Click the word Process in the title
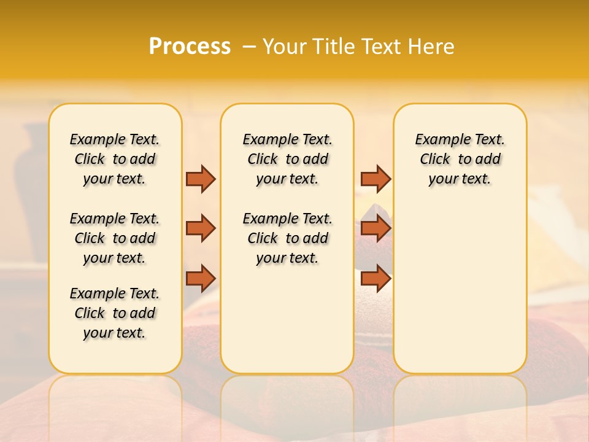pyautogui.click(x=190, y=47)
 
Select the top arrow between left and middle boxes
pyautogui.click(x=201, y=179)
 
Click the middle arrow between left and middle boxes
pyautogui.click(x=201, y=228)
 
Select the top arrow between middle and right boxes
pyautogui.click(x=375, y=179)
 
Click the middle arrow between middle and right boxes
pyautogui.click(x=375, y=228)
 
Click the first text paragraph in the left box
pyautogui.click(x=115, y=159)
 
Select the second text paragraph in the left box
pyautogui.click(x=115, y=238)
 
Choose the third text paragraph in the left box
pyautogui.click(x=115, y=313)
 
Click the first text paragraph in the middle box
pyautogui.click(x=287, y=159)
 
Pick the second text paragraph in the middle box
pyautogui.click(x=287, y=238)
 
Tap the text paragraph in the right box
pyautogui.click(x=460, y=159)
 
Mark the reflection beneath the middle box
pyautogui.click(x=287, y=399)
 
